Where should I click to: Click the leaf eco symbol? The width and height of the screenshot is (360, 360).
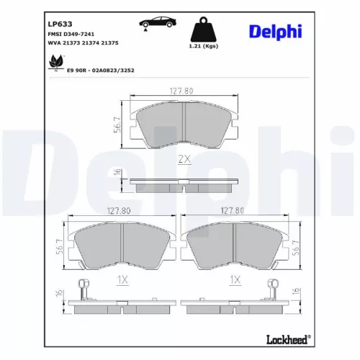[x=53, y=66]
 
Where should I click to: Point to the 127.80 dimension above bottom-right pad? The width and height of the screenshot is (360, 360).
[x=232, y=211]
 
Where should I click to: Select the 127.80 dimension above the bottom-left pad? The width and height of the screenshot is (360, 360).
[x=117, y=211]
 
